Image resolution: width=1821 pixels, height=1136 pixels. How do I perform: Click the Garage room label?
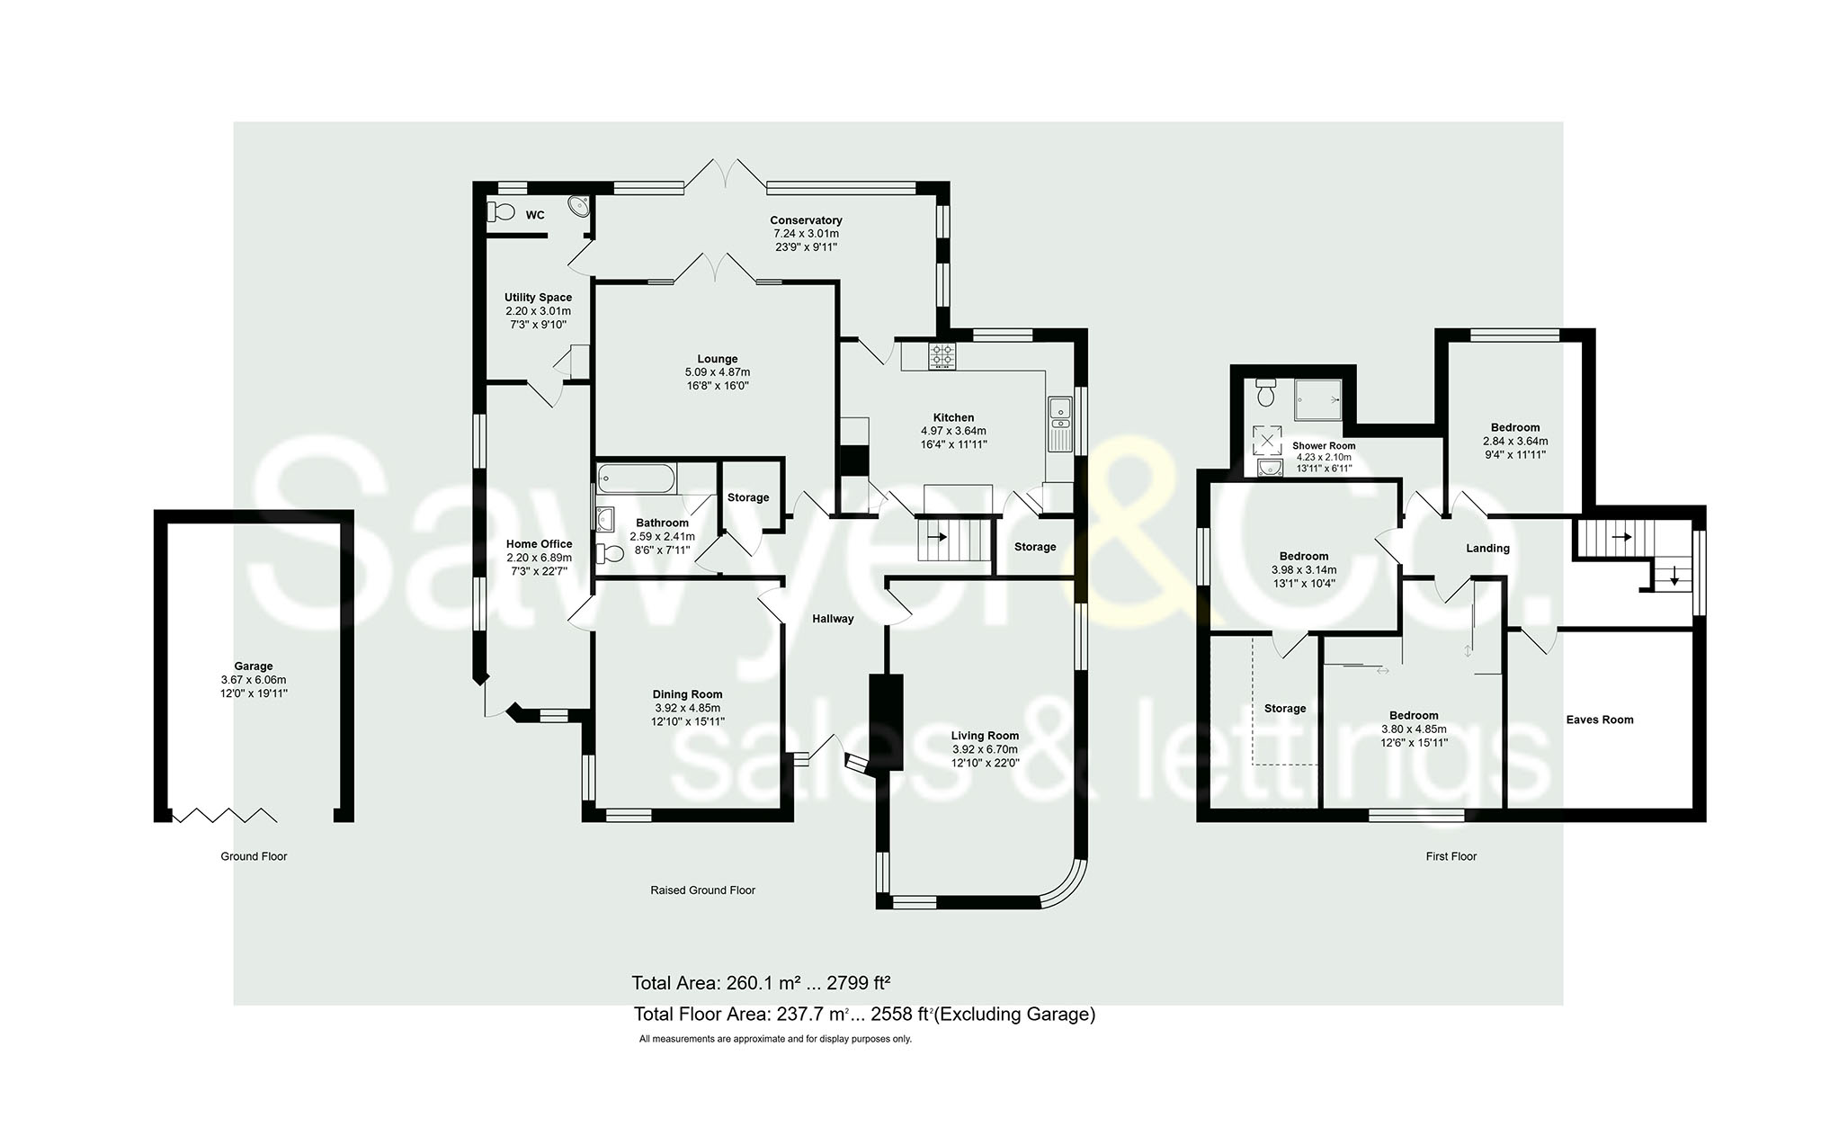[254, 666]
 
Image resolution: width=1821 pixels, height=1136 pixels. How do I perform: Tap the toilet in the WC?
[500, 212]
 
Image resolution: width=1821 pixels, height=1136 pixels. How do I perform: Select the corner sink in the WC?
[579, 208]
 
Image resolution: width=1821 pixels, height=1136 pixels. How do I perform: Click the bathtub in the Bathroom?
[635, 478]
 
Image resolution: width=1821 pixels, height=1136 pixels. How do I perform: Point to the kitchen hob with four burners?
[942, 355]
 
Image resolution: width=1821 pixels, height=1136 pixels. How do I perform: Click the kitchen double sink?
[1060, 424]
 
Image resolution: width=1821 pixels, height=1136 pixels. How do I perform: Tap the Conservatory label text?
[806, 220]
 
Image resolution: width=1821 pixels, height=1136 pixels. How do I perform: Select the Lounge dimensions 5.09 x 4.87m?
[717, 372]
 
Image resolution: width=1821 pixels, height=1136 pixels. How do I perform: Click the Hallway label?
[833, 619]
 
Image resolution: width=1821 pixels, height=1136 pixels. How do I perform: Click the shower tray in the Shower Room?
[1317, 399]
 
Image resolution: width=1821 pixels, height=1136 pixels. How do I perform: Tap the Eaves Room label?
[1599, 720]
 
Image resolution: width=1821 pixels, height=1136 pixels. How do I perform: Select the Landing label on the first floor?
[1487, 549]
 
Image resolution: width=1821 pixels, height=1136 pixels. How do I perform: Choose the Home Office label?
[539, 544]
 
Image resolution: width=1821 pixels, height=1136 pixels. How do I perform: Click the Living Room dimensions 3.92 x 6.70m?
[985, 749]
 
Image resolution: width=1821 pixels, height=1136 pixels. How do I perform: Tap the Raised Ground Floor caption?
[702, 890]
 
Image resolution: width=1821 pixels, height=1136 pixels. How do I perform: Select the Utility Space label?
[538, 298]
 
